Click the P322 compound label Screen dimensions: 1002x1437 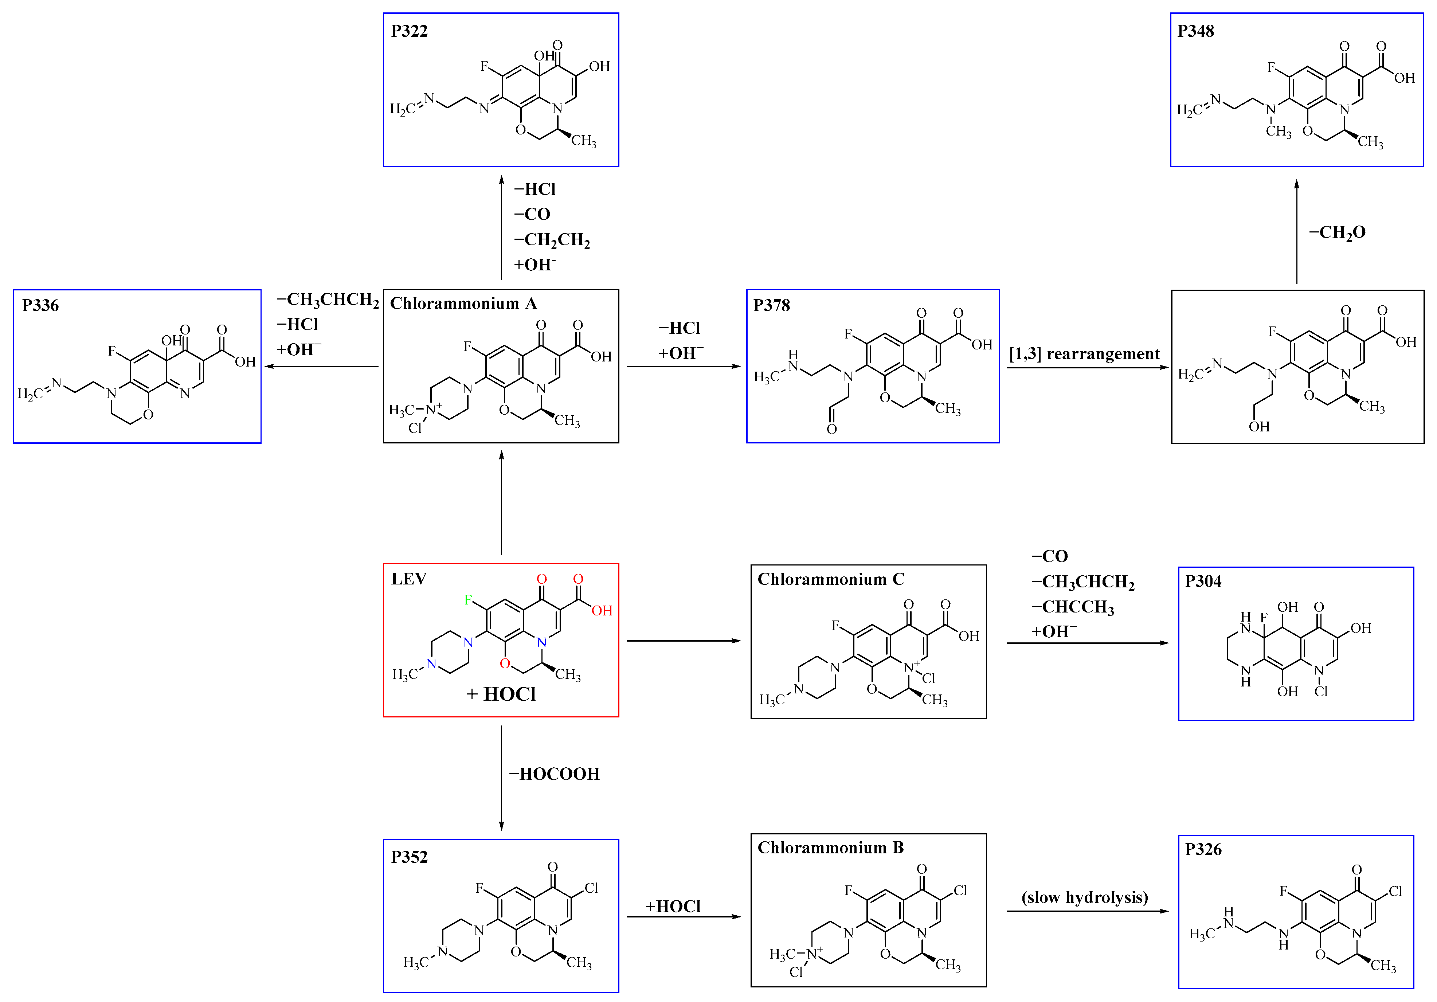[409, 31]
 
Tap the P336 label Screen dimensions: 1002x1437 [40, 305]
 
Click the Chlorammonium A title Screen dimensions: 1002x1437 [463, 304]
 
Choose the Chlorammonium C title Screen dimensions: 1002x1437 [830, 579]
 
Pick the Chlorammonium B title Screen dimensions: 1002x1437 [830, 848]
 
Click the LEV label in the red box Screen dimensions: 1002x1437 [409, 579]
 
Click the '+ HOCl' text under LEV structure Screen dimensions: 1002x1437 [501, 694]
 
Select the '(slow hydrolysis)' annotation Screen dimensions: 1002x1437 [1085, 897]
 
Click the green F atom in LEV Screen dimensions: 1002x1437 [467, 600]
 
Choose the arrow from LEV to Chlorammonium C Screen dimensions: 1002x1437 [684, 641]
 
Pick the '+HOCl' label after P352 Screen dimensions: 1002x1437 [673, 906]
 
